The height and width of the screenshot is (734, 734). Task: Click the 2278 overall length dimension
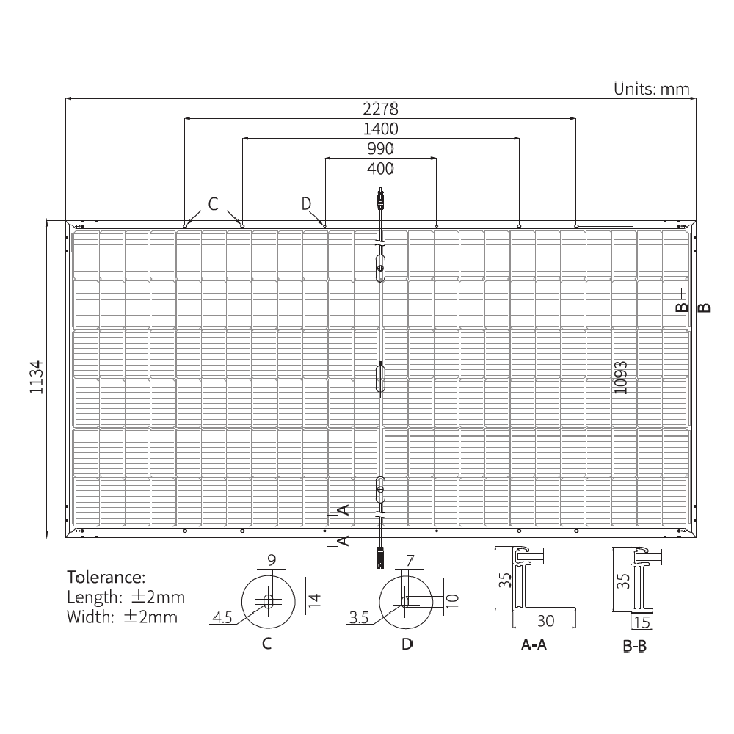pyautogui.click(x=380, y=109)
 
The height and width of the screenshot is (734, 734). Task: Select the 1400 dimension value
pyautogui.click(x=380, y=129)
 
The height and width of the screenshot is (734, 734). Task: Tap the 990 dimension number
pyautogui.click(x=380, y=149)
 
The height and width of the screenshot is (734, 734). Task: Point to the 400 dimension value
pyautogui.click(x=380, y=169)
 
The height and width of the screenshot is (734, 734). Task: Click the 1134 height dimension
pyautogui.click(x=37, y=377)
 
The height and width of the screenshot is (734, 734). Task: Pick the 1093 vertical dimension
pyautogui.click(x=621, y=377)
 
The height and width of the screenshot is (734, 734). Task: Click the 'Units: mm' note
pyautogui.click(x=652, y=90)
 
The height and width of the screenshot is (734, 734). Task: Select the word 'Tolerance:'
pyautogui.click(x=106, y=576)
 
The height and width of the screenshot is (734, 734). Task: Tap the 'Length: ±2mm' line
pyautogui.click(x=126, y=597)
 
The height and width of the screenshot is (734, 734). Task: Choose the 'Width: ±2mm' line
pyautogui.click(x=122, y=617)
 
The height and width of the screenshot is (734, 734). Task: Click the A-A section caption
pyautogui.click(x=534, y=645)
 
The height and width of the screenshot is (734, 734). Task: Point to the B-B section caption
pyautogui.click(x=634, y=647)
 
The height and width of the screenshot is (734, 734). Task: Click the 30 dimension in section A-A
pyautogui.click(x=545, y=621)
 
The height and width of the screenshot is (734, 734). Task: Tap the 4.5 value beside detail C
pyautogui.click(x=222, y=618)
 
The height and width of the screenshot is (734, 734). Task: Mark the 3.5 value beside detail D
pyautogui.click(x=359, y=619)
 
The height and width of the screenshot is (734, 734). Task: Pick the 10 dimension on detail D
pyautogui.click(x=452, y=600)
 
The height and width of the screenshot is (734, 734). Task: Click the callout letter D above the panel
pyautogui.click(x=307, y=203)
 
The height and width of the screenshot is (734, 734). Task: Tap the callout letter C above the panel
pyautogui.click(x=213, y=203)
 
